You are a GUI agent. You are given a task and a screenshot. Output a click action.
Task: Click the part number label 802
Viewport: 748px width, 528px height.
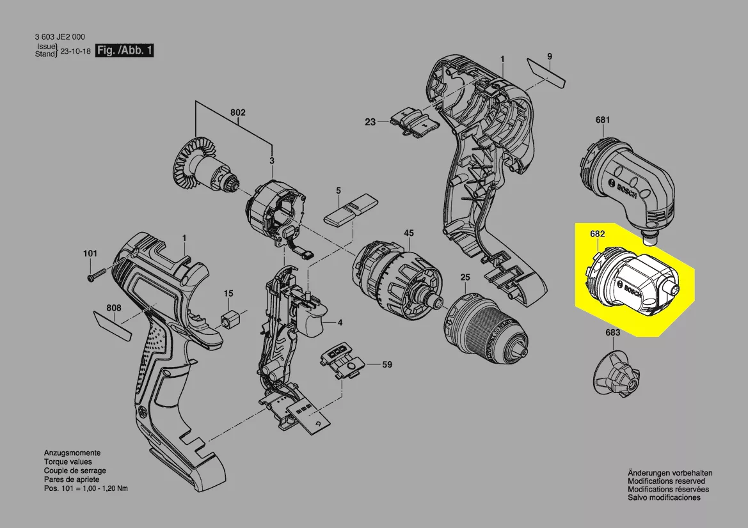[x=238, y=113]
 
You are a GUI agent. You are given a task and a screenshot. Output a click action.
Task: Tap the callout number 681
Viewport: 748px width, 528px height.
[x=602, y=120]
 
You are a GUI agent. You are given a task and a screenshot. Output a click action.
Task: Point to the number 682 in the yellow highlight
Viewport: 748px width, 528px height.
[x=597, y=235]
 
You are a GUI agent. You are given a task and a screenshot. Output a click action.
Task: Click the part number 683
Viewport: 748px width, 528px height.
[x=612, y=333]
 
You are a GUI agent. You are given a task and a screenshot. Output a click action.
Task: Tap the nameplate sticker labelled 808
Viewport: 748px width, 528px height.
[x=113, y=323]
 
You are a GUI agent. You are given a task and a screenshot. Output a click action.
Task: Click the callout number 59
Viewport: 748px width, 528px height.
[x=386, y=365]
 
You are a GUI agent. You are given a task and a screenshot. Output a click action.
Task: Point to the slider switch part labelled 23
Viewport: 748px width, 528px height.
[x=413, y=121]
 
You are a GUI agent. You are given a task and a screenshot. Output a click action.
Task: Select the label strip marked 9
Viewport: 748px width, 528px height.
[x=547, y=72]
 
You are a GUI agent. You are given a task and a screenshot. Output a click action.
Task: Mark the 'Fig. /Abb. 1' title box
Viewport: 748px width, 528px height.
[x=124, y=50]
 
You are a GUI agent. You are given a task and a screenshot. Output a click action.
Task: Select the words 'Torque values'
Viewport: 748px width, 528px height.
[x=68, y=462]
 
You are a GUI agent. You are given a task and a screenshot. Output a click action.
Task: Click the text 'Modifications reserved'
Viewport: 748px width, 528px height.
[x=666, y=481]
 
